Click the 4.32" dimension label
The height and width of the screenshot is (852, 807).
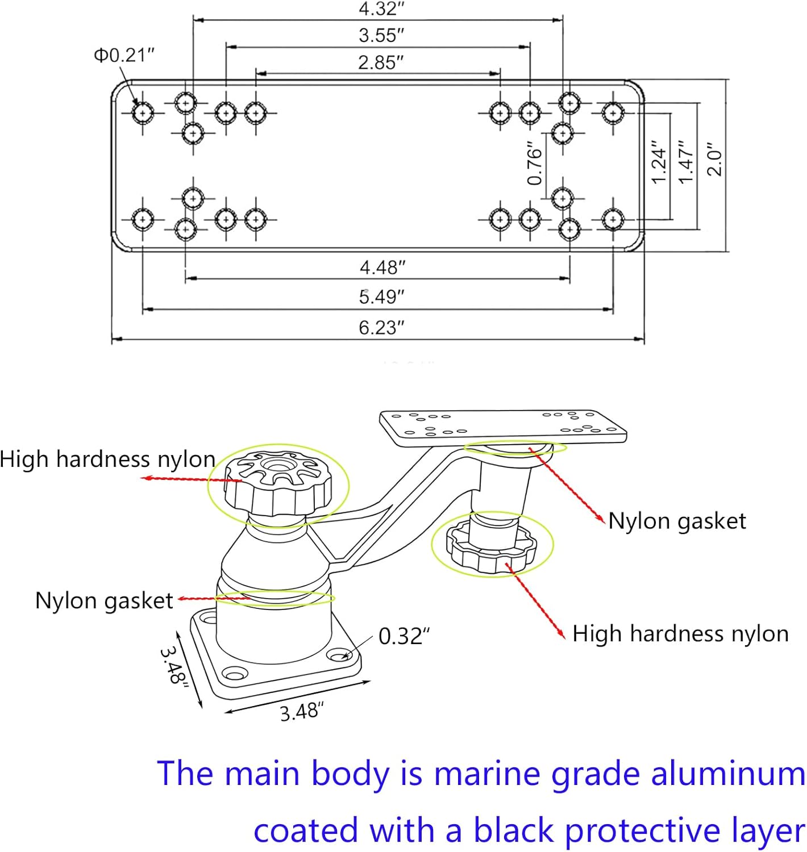(381, 9)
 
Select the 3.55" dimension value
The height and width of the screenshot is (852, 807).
(381, 35)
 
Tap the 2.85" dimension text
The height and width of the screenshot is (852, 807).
(381, 62)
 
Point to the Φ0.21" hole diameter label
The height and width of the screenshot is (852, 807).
(124, 55)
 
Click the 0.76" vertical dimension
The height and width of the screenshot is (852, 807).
(535, 164)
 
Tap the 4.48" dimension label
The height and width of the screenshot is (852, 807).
(382, 267)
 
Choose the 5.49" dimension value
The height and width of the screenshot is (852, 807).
(381, 296)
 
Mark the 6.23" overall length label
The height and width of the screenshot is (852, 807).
(381, 328)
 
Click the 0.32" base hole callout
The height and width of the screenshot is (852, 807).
(404, 636)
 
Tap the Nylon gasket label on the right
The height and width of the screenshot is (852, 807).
(677, 521)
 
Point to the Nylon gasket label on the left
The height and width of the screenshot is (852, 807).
(104, 600)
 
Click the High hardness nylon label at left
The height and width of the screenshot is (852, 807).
(107, 459)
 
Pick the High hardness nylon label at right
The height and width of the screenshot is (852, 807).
(680, 633)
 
